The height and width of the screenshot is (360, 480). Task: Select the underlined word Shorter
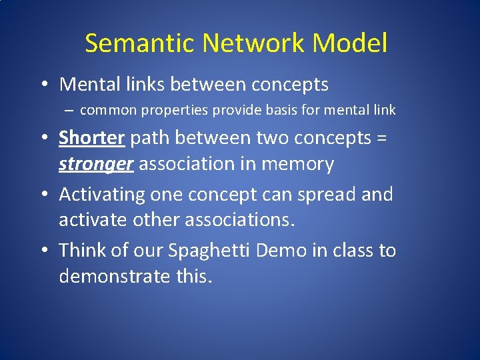(92, 138)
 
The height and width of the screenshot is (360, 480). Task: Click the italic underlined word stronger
(96, 164)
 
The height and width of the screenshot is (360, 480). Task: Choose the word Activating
(102, 195)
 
